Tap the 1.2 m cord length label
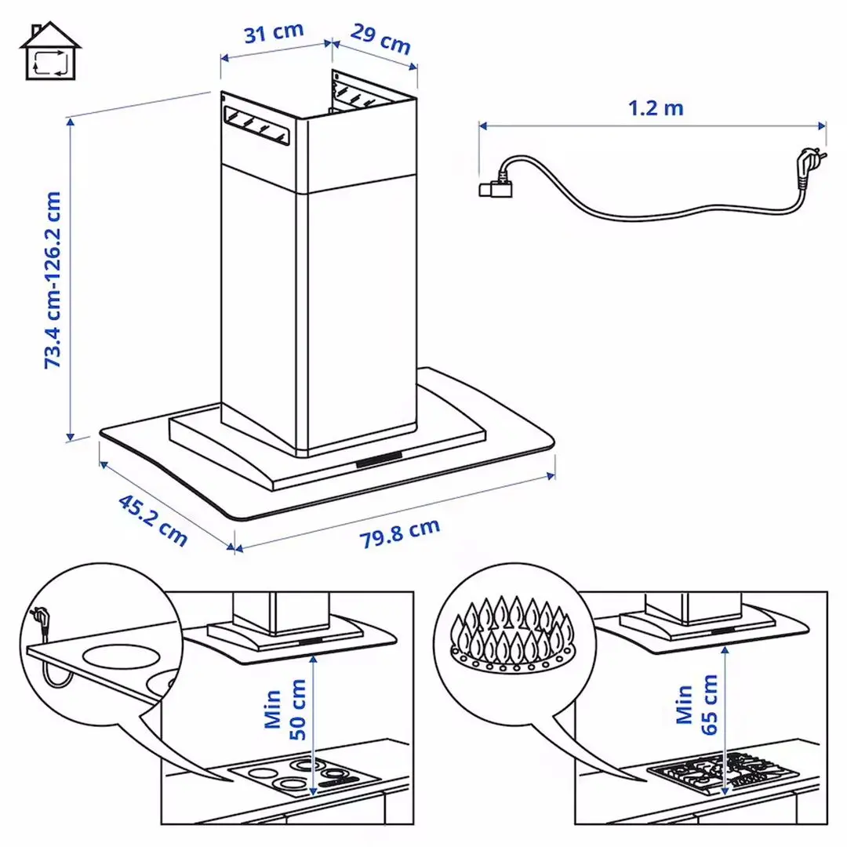tap(655, 107)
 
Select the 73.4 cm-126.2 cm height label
tap(53, 280)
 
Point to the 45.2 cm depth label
tap(153, 520)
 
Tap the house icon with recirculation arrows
tap(50, 51)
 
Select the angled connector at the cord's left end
tap(493, 187)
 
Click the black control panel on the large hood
tap(380, 460)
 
